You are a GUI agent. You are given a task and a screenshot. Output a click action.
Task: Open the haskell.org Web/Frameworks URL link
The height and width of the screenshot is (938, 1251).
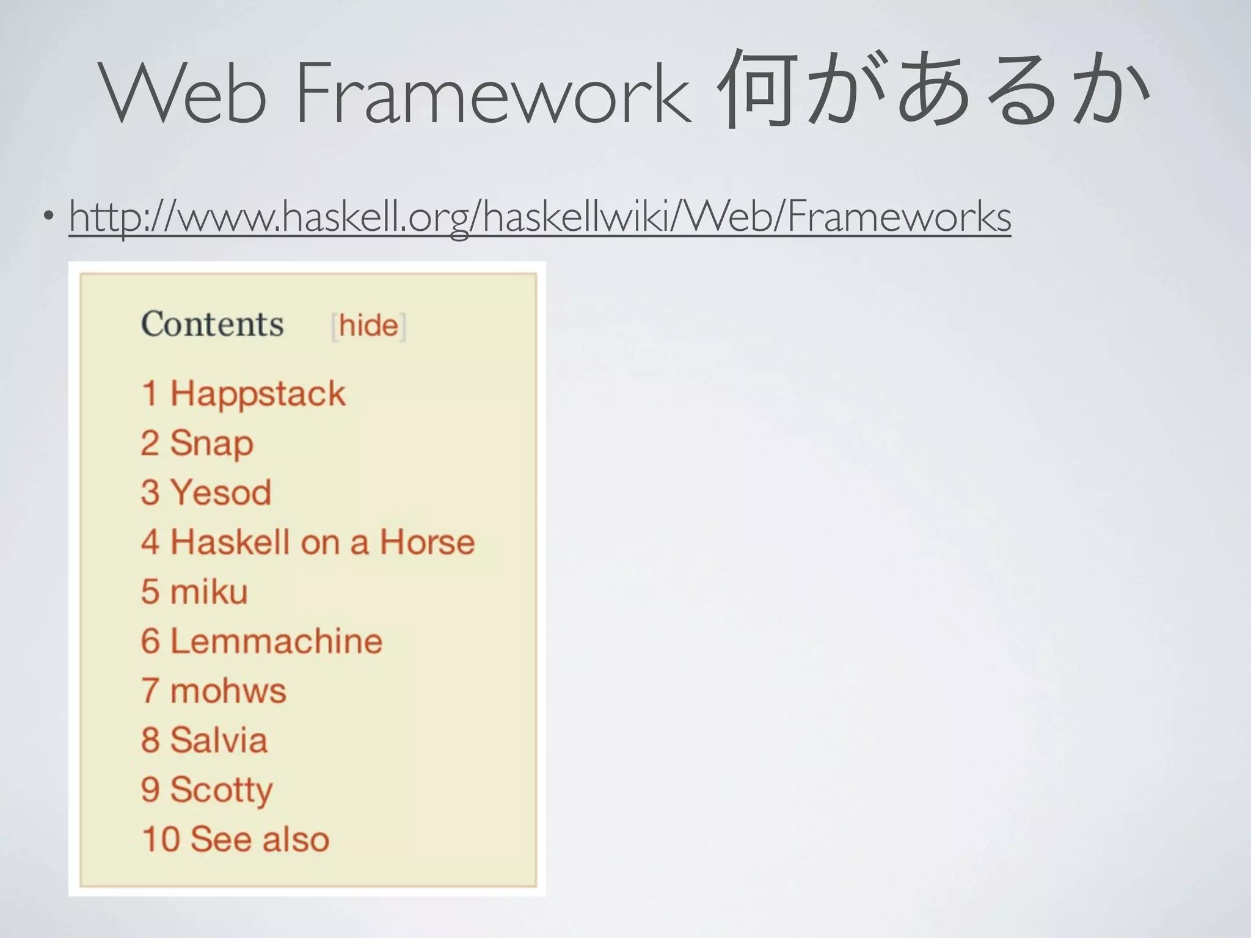click(540, 216)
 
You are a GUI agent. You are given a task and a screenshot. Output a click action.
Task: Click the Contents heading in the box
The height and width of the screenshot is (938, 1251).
click(213, 324)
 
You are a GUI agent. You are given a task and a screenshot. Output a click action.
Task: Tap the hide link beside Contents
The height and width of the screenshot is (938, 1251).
click(368, 325)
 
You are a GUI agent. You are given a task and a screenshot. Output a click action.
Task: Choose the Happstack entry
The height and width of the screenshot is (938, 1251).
click(257, 393)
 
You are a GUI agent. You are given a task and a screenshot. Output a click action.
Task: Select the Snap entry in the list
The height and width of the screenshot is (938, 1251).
click(211, 443)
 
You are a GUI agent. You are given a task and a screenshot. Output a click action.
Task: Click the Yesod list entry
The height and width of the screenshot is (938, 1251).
click(221, 492)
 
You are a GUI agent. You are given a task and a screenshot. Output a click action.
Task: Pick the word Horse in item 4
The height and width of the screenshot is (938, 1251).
click(427, 542)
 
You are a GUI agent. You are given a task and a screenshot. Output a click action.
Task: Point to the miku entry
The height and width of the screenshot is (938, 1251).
click(209, 591)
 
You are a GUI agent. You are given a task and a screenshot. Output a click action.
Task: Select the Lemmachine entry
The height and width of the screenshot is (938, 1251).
click(276, 641)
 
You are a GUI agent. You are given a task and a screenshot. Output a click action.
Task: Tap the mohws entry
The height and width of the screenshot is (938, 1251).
click(228, 691)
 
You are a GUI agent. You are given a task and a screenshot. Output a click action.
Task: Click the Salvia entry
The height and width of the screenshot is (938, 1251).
click(219, 740)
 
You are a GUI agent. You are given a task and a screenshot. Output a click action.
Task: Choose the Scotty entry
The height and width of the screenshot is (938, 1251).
click(221, 790)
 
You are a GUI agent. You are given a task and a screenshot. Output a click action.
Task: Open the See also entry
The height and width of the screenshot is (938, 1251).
click(260, 839)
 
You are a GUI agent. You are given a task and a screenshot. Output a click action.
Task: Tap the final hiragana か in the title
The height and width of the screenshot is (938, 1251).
click(1113, 92)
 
